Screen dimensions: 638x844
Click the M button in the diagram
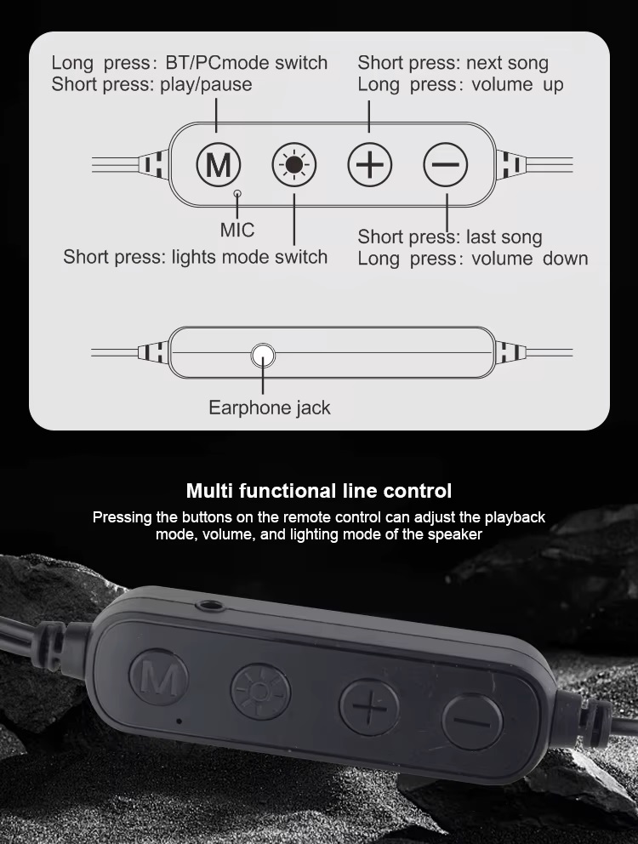coord(219,165)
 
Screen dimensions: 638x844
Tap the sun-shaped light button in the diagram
coord(294,165)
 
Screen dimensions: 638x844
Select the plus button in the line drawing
coord(369,165)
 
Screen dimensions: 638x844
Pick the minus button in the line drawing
coord(445,165)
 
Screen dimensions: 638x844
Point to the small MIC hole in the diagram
coord(236,193)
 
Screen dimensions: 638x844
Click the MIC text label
coord(236,231)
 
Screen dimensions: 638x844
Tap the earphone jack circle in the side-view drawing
coord(263,356)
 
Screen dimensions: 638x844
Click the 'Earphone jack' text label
coord(269,408)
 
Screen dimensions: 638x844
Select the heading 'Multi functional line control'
coord(319,491)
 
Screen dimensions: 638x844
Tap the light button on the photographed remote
coord(260,693)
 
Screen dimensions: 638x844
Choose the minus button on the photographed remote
coord(472,721)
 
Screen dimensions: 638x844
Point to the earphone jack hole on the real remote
coord(210,606)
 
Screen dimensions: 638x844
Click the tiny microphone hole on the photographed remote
coord(179,720)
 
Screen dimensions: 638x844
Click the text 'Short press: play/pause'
coord(151,84)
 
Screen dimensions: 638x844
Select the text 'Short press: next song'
coord(453,63)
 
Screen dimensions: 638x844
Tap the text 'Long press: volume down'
coord(473,259)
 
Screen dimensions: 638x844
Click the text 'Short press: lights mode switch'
coord(196,257)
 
